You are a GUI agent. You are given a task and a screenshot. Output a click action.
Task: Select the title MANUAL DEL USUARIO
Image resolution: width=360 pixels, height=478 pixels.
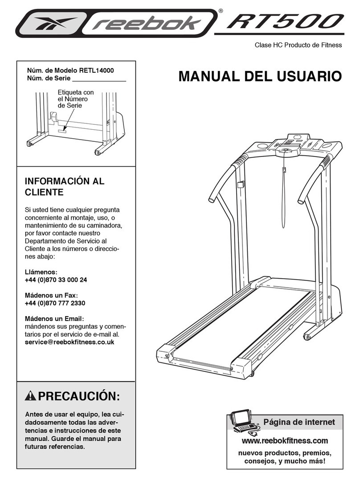(260, 76)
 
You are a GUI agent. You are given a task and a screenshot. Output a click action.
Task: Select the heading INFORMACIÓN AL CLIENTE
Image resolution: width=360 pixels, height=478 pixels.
(65, 187)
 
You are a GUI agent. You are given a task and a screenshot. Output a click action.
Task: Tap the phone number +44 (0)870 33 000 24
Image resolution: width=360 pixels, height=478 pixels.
(56, 280)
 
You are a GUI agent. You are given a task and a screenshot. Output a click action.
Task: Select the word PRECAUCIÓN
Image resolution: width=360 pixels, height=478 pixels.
(79, 396)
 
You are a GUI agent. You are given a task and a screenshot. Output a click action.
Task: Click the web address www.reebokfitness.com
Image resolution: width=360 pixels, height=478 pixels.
(285, 441)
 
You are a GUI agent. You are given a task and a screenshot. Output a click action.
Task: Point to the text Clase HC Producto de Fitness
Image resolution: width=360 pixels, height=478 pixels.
(298, 45)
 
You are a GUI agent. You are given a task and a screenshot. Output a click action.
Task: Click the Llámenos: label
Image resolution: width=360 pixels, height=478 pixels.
(41, 272)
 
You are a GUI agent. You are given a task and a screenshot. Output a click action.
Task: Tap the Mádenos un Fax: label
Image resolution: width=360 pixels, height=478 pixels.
(52, 295)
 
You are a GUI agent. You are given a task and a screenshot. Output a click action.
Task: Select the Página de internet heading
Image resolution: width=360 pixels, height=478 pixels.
(299, 421)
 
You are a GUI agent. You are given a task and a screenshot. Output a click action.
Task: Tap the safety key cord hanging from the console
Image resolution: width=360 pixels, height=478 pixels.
(284, 196)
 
